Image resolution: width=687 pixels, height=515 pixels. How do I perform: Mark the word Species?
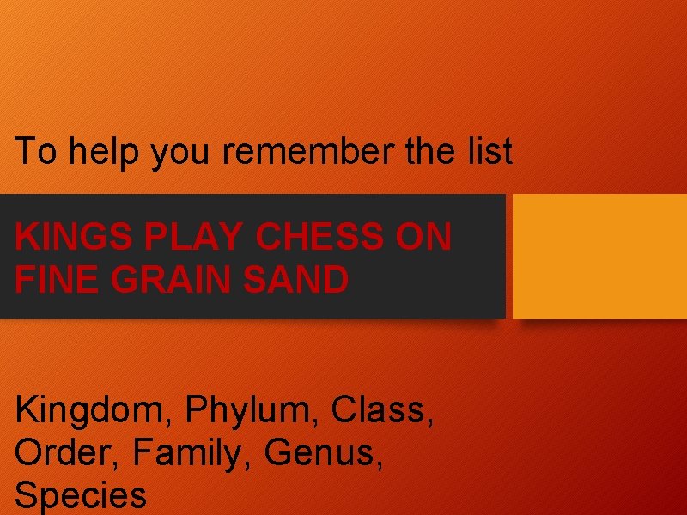point(81,495)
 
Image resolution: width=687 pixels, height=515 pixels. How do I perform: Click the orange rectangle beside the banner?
point(600,256)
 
